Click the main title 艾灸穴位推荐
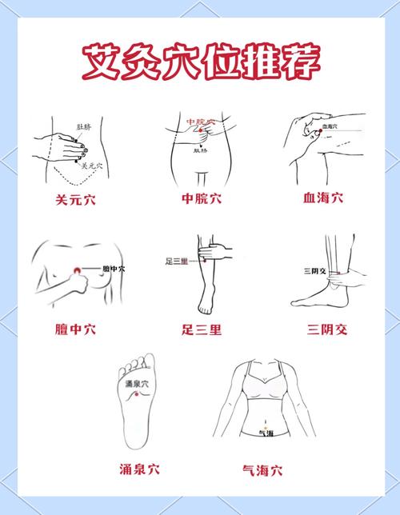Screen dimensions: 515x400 (200, 60)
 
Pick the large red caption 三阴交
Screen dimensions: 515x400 (328, 329)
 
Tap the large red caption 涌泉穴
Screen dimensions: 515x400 (137, 469)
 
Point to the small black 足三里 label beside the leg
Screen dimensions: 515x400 (175, 261)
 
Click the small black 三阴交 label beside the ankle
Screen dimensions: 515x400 (314, 272)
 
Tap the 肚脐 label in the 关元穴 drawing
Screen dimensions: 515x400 (83, 126)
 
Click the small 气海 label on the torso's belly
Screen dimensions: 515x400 (266, 433)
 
